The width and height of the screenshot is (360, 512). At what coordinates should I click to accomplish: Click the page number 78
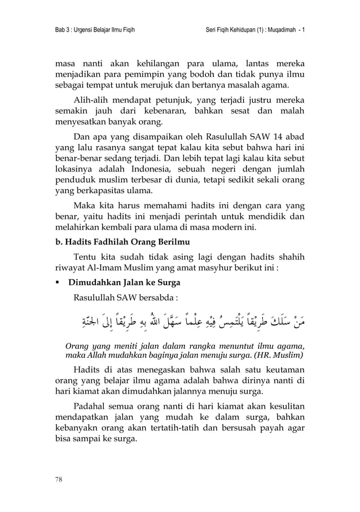click(58, 480)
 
